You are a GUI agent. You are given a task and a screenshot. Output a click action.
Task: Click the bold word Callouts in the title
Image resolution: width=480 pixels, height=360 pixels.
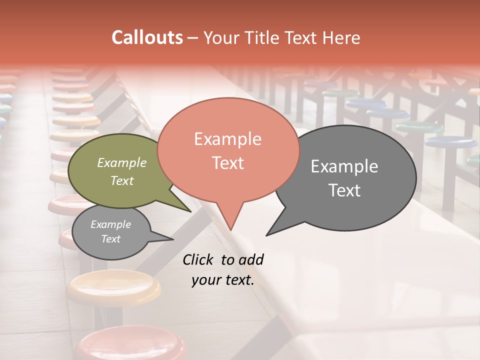coord(147,37)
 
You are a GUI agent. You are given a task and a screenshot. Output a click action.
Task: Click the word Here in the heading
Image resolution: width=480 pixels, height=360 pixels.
coord(342,37)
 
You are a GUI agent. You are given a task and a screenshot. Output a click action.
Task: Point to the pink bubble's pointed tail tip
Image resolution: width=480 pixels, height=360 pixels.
coord(230,229)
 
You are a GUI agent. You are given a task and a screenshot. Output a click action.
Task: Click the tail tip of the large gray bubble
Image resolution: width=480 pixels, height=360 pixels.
coord(267,234)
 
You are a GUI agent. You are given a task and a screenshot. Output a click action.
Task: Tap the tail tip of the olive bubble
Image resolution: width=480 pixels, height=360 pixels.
coord(190,211)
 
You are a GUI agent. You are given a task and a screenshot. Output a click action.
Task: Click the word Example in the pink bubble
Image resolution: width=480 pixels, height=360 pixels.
coord(227,139)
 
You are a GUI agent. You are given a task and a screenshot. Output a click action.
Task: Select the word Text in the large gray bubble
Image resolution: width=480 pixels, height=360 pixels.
coord(344,190)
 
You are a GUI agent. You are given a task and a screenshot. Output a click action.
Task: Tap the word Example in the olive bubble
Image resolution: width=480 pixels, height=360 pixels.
coord(121,162)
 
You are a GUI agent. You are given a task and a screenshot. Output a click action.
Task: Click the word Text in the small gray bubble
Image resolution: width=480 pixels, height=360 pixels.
coord(111,239)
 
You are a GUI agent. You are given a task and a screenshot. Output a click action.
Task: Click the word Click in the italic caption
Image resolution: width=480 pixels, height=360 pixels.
coord(198,259)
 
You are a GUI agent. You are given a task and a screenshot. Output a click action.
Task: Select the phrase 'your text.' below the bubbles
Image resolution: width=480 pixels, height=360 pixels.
coord(223,280)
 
